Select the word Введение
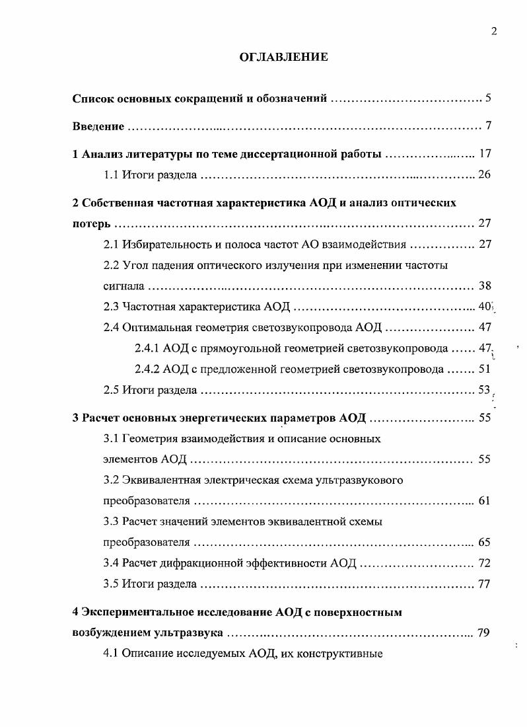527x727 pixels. (98, 126)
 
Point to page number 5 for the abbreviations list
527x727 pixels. (488, 98)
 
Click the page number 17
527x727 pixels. (485, 154)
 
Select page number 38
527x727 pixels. (485, 286)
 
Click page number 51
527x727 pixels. (485, 369)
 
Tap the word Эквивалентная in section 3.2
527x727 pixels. (160, 480)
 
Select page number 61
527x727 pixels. (484, 500)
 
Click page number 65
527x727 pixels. (484, 543)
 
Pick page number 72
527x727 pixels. (484, 563)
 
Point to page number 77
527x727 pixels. (484, 584)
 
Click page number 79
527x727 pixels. (483, 632)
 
